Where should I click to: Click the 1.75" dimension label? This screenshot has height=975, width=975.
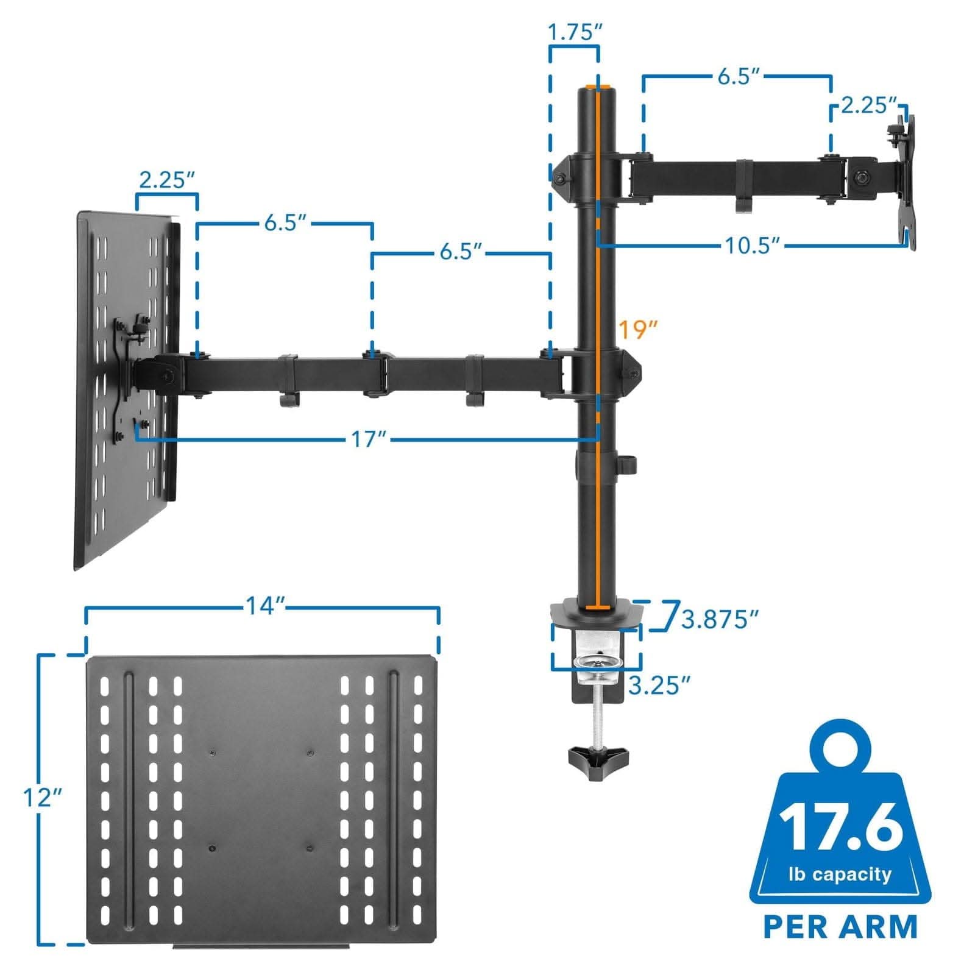click(573, 32)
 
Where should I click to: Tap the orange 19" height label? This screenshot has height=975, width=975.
click(638, 330)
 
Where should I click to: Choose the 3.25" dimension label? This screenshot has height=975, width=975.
click(659, 685)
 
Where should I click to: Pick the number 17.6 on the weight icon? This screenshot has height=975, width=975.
click(841, 827)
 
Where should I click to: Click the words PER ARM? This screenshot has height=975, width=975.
click(840, 926)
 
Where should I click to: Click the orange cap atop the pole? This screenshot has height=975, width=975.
click(591, 87)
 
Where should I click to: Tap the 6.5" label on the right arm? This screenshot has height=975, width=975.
click(738, 77)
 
